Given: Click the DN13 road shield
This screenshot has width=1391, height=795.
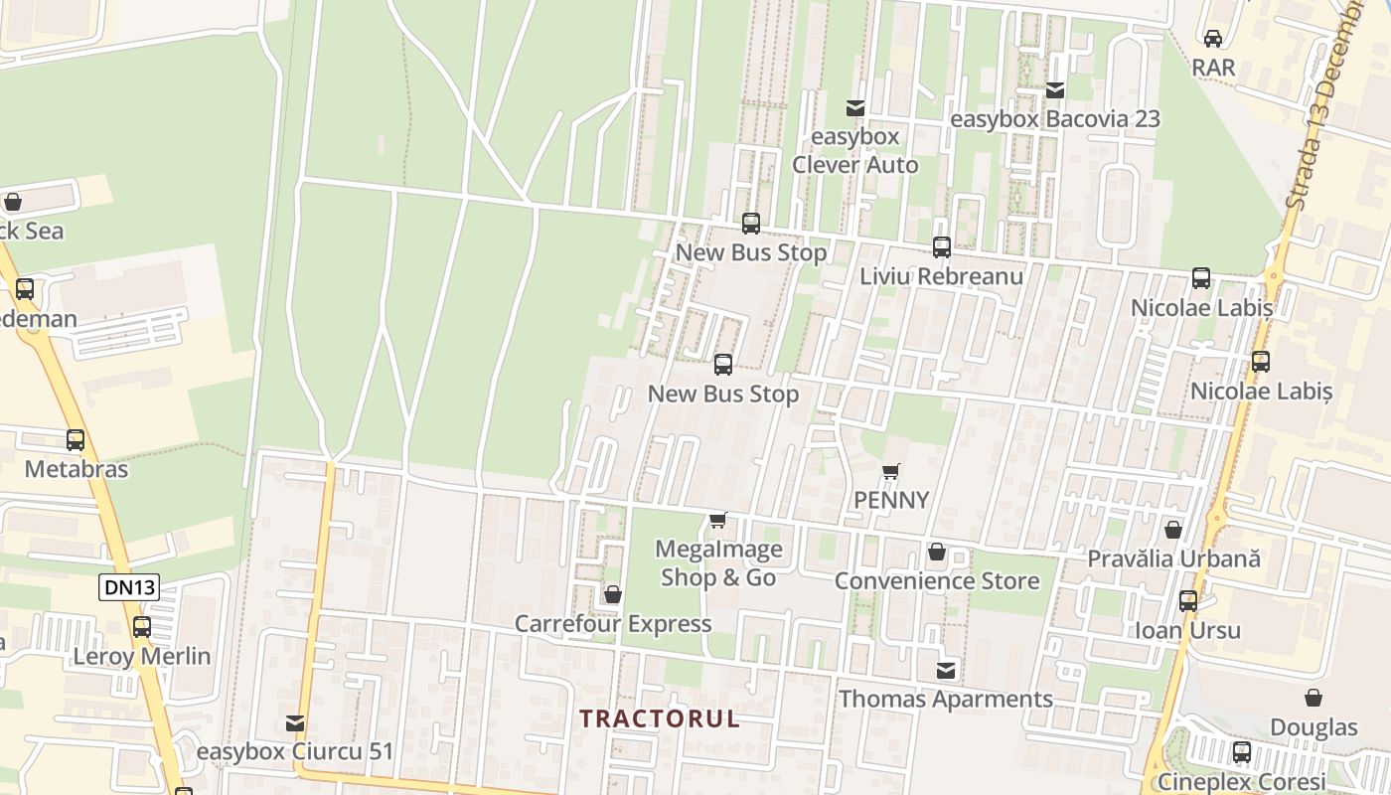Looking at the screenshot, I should [x=130, y=587].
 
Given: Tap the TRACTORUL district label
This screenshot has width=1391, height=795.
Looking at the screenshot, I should [x=660, y=718].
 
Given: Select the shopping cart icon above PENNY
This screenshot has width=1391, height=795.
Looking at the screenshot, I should [x=891, y=471].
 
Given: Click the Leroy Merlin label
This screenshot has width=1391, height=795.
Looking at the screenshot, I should [x=142, y=656].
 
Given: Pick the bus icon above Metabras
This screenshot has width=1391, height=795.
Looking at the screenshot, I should [x=76, y=440].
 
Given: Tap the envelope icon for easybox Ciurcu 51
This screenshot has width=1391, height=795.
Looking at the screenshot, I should [x=295, y=723].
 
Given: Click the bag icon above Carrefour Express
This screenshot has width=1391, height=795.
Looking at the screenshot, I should [x=613, y=594].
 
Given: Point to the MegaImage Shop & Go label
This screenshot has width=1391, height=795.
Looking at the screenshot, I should [x=718, y=562].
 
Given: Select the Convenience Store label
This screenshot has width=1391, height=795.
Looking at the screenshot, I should [x=937, y=580].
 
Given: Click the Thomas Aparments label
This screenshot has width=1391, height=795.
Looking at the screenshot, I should [x=946, y=699].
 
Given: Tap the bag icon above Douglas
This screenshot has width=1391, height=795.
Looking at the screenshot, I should [x=1314, y=698].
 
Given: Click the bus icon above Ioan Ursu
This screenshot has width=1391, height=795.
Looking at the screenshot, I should [x=1188, y=601].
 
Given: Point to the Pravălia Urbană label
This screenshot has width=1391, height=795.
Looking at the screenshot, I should [x=1173, y=558].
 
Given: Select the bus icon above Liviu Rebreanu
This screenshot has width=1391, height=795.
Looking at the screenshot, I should [x=942, y=247].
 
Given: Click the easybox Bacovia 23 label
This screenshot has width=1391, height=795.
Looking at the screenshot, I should [x=1055, y=119].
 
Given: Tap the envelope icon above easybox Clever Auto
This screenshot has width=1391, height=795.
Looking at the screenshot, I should [x=854, y=107].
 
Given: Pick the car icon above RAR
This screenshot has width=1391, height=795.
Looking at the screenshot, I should [x=1213, y=39].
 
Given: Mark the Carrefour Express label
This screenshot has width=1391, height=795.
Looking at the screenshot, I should [x=613, y=624].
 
